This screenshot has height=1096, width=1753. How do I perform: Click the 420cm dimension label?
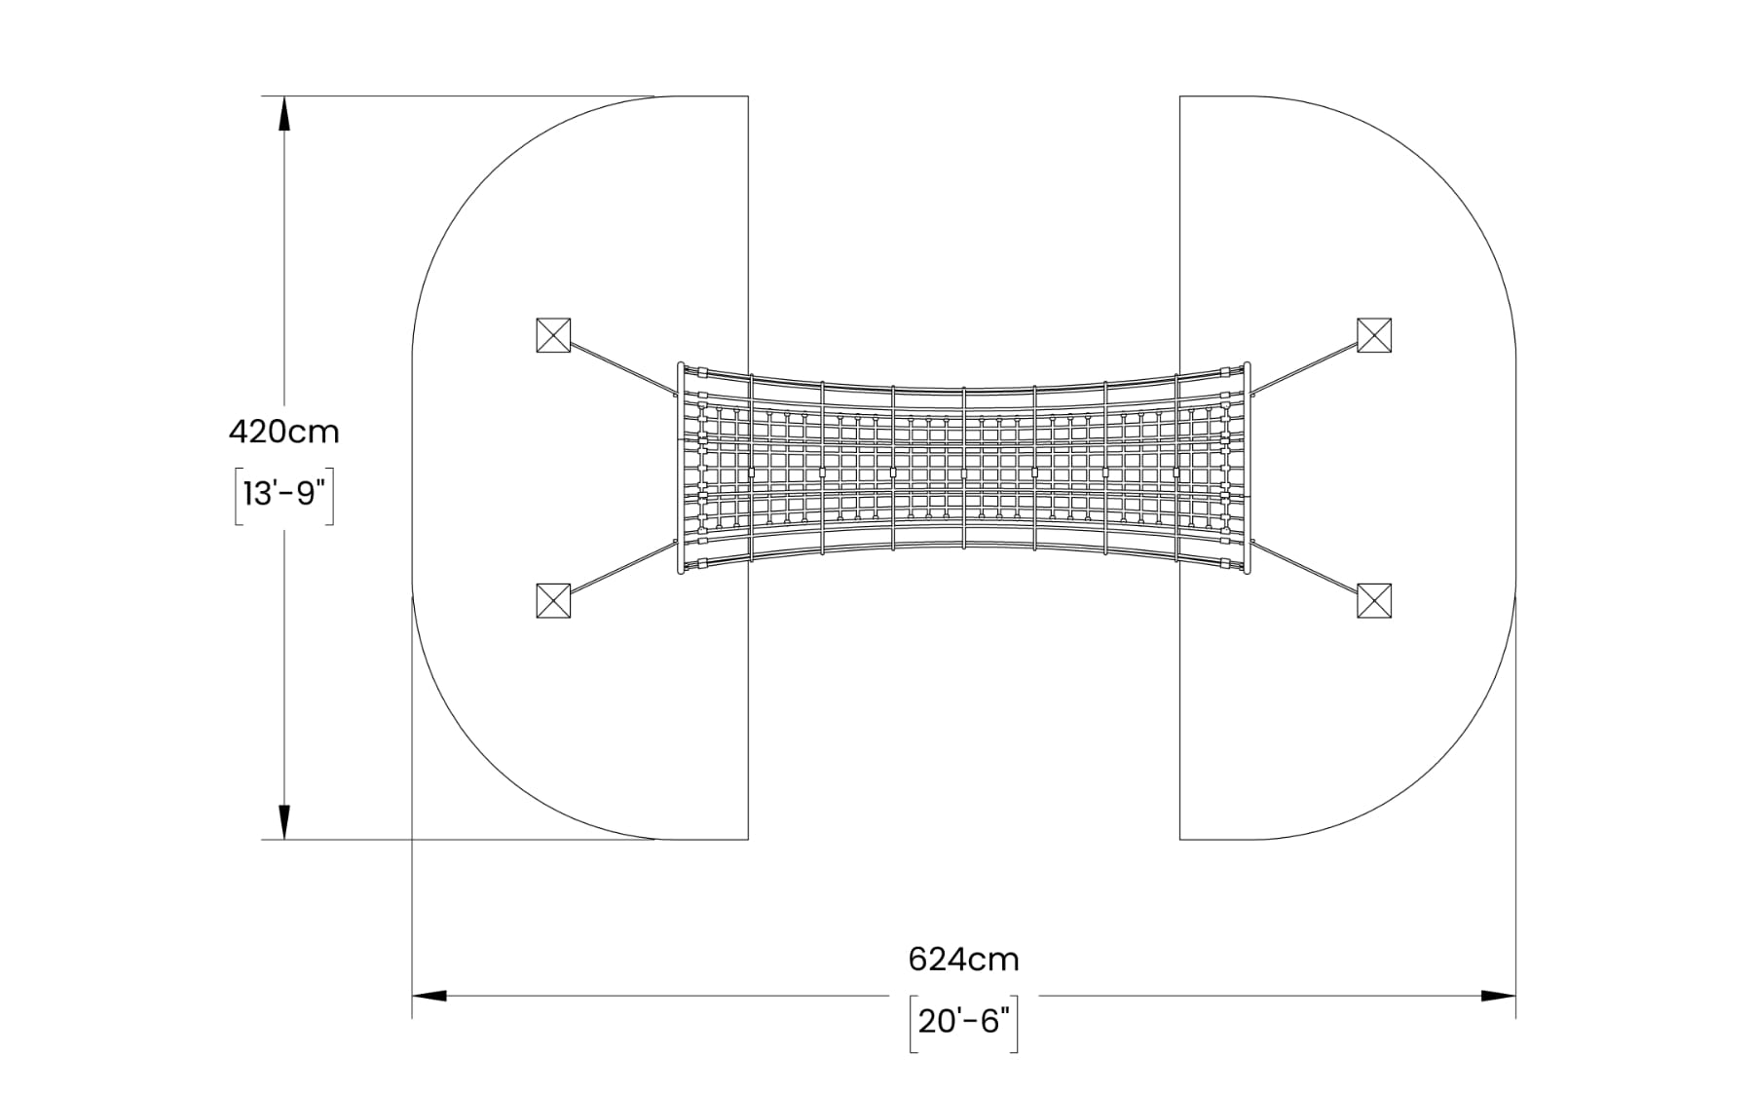click(283, 431)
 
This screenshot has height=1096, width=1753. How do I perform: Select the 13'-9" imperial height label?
click(283, 495)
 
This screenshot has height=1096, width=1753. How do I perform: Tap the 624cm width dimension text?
click(963, 960)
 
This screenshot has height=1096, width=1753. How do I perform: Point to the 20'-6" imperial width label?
click(963, 1022)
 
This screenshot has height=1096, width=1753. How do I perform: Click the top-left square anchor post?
click(553, 335)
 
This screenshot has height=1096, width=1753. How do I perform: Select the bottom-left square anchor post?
click(553, 600)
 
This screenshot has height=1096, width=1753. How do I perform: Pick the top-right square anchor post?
click(1374, 335)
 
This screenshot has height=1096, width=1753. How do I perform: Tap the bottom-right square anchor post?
click(1374, 600)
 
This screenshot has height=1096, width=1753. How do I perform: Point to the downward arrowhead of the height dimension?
click(284, 822)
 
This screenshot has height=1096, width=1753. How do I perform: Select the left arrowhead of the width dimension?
click(429, 996)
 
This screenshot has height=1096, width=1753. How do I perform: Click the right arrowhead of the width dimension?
click(1498, 996)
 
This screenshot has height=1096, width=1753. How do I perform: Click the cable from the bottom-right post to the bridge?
click(1305, 567)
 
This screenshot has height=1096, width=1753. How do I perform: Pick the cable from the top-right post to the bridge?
click(1305, 368)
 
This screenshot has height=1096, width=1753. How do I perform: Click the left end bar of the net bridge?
click(680, 468)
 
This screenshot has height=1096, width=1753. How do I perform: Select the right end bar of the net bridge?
click(1248, 468)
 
